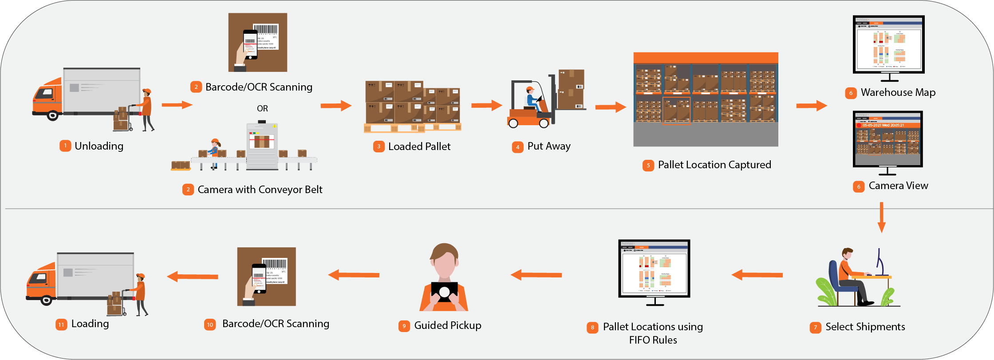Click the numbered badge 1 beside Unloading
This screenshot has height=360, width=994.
(x=65, y=146)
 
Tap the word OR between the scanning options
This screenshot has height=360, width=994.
(x=262, y=109)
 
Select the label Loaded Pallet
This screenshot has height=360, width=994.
(x=419, y=146)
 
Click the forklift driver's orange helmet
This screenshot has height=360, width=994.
(x=530, y=89)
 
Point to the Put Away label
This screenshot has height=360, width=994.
(x=549, y=146)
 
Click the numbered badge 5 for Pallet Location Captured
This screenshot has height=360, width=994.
(x=648, y=166)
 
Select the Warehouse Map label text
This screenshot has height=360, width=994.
(x=898, y=92)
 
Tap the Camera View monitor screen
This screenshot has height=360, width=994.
(x=887, y=138)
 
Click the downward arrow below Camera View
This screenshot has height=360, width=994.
(x=881, y=218)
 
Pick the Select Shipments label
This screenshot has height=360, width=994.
(x=865, y=327)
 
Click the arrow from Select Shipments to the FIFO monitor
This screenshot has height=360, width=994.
(x=757, y=275)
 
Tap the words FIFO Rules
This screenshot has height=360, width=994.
(x=653, y=340)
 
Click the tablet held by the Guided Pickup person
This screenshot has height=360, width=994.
(x=444, y=292)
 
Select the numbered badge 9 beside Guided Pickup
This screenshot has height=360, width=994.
(x=404, y=326)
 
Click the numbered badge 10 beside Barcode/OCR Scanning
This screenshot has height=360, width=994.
(x=210, y=324)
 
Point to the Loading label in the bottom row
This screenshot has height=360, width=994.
(x=90, y=324)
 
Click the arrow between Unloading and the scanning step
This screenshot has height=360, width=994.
(x=177, y=105)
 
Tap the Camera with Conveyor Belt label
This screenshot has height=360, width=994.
(x=260, y=190)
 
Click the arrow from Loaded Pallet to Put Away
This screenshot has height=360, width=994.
(x=486, y=106)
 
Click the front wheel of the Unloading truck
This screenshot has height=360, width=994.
(x=52, y=116)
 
